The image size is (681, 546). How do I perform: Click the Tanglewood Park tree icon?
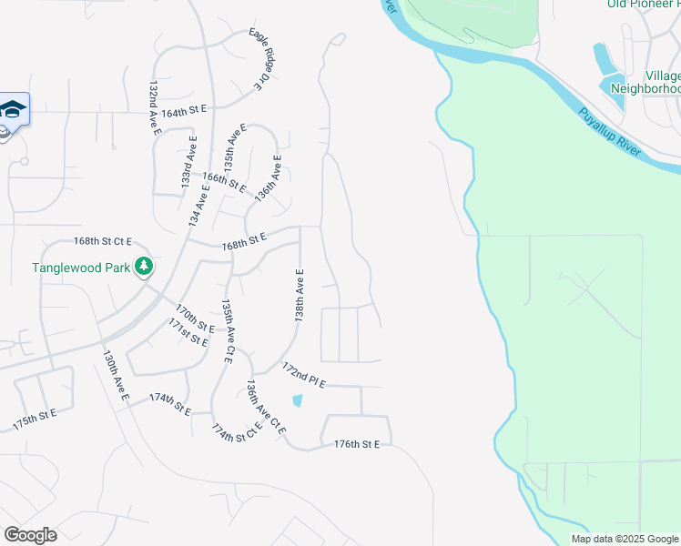point(144,267)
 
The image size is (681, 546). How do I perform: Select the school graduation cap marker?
point(14,110)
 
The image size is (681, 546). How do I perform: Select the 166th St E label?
point(224,182)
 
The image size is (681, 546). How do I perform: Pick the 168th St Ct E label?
point(103,241)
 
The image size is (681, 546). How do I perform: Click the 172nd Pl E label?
point(303,375)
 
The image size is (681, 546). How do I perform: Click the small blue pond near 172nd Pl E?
point(297,400)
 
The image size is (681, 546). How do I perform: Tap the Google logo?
point(30,535)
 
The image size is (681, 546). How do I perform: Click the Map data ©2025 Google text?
point(624,539)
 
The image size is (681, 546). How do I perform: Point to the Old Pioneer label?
point(643,4)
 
